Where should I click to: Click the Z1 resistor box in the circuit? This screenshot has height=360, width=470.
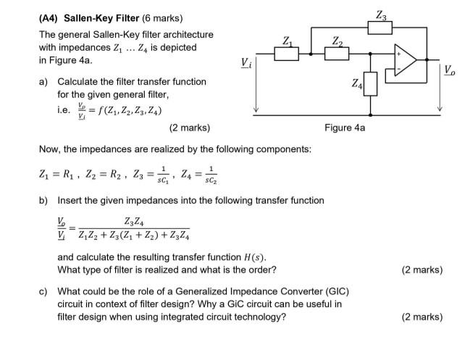coord(287,53)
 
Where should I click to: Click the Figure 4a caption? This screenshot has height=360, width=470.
coord(345,128)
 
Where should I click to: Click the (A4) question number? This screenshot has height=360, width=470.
coord(51,17)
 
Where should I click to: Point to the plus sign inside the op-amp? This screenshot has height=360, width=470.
coord(398,54)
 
